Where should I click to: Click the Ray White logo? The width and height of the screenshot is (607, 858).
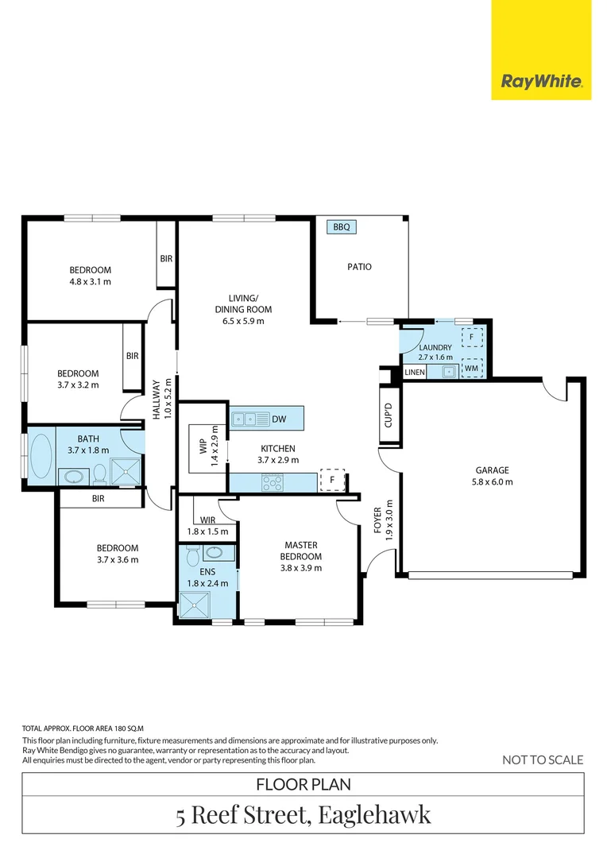pos(541,81)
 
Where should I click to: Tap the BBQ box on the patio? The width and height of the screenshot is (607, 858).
pos(342,227)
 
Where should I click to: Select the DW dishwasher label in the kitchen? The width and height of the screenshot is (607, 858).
pos(278,419)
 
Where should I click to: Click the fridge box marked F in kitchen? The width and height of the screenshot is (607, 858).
pos(331,481)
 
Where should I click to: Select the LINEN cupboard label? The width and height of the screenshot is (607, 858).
pos(415,372)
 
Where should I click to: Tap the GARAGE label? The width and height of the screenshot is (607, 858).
pos(493,470)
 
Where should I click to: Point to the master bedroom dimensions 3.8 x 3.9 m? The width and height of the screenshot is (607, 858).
pos(301,568)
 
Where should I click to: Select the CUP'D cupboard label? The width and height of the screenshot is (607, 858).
pos(389,415)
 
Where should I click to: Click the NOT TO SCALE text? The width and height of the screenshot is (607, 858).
pos(543,759)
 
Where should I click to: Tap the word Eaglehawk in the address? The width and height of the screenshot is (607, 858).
pos(374,814)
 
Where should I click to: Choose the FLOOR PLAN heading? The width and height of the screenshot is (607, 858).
pos(303,784)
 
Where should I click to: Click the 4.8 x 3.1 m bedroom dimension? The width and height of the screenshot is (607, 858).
pos(90,281)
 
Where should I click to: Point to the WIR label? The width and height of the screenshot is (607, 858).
pos(208,520)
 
